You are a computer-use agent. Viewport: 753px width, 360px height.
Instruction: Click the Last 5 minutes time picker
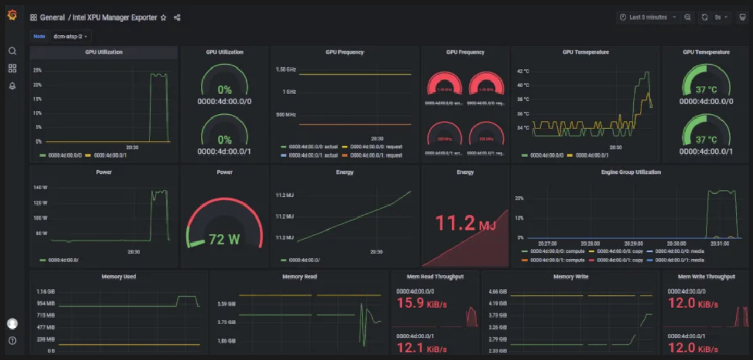tap(648, 18)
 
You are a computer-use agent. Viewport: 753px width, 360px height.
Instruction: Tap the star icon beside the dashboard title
tap(164, 18)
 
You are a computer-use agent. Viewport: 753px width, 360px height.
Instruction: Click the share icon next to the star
tap(178, 18)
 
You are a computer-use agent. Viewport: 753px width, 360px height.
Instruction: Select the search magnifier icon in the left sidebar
tap(12, 51)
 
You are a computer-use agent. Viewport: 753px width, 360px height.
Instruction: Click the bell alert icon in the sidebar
tap(12, 86)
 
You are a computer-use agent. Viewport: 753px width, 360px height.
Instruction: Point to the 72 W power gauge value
tap(225, 240)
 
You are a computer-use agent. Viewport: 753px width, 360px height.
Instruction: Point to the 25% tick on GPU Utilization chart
tap(38, 70)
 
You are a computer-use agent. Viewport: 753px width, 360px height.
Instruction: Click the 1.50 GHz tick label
tap(286, 69)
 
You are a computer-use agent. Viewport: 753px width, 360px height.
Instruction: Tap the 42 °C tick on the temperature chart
tap(523, 71)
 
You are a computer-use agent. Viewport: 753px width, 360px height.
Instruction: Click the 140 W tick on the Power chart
tap(41, 188)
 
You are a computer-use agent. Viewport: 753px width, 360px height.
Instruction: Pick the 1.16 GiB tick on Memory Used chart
tap(46, 292)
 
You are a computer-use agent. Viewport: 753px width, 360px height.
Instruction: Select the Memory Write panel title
tap(570, 277)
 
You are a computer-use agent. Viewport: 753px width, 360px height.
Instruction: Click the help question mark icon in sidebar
tap(12, 341)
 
